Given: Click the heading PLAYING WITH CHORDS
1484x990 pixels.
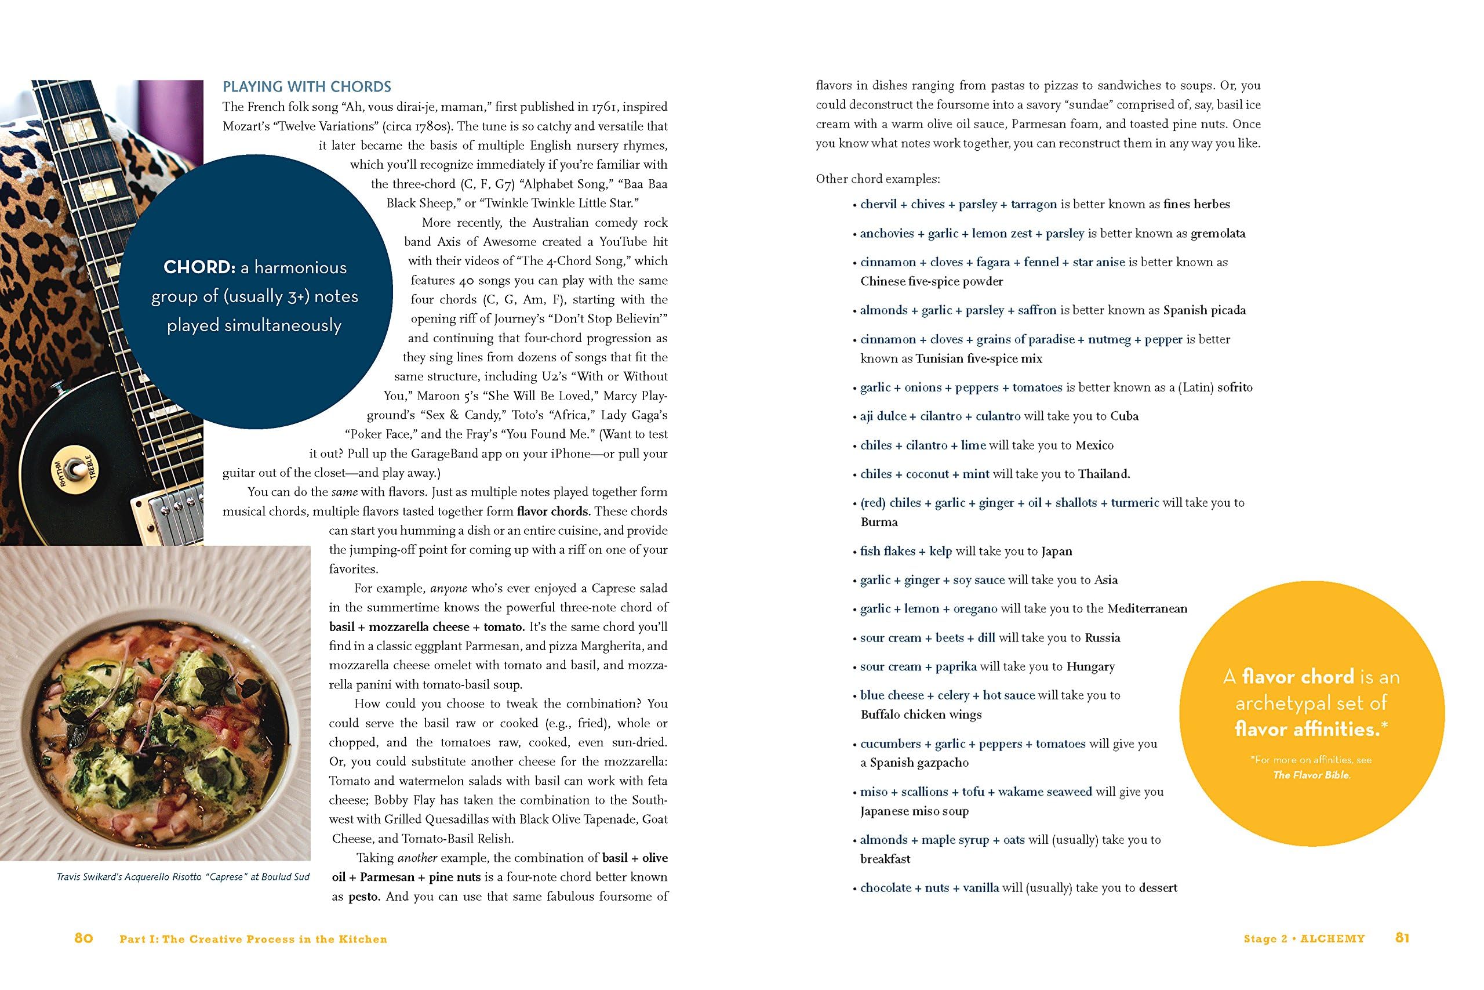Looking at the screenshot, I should pyautogui.click(x=307, y=86).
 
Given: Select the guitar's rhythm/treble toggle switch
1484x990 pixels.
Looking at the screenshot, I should pyautogui.click(x=78, y=469).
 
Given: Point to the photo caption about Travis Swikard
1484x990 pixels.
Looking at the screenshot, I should pyautogui.click(x=183, y=877).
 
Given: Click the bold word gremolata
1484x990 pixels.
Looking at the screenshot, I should pyautogui.click(x=1218, y=233).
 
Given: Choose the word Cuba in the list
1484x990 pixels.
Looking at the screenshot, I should pyautogui.click(x=1125, y=416).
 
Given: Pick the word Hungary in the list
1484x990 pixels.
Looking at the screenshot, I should pyautogui.click(x=1091, y=666).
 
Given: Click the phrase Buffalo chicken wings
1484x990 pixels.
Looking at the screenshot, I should pyautogui.click(x=921, y=714).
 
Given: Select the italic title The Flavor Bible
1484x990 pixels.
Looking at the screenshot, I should pyautogui.click(x=1312, y=775).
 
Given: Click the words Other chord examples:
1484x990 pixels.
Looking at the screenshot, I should pyautogui.click(x=878, y=179).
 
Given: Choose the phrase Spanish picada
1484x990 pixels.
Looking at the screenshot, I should pyautogui.click(x=1205, y=310).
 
